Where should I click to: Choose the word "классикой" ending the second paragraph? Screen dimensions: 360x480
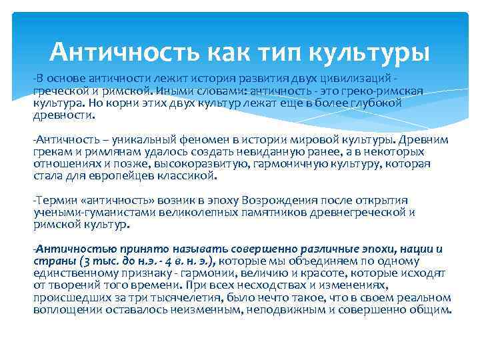[x=190, y=175]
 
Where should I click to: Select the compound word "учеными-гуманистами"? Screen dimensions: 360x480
[x=85, y=213]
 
